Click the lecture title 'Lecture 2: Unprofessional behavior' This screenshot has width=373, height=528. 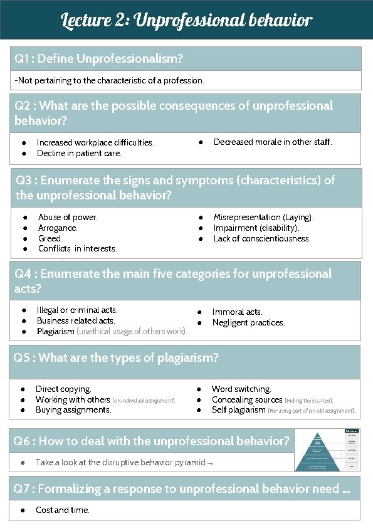186,20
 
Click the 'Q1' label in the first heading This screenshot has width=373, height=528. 23,59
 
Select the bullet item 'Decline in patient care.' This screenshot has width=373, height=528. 79,153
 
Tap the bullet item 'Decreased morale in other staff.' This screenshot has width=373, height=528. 273,142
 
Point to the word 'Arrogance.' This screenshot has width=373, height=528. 58,228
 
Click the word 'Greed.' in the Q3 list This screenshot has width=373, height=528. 50,238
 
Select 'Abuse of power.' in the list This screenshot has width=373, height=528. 68,217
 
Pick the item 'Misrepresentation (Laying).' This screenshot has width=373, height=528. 263,217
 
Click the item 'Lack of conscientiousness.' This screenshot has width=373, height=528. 262,238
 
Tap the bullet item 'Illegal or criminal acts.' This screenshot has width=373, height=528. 77,310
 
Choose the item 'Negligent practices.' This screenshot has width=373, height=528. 248,322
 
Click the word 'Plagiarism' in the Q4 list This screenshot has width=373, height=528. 55,331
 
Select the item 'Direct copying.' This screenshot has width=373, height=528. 63,389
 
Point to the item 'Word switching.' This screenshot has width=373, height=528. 241,389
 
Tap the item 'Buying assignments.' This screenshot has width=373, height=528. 73,410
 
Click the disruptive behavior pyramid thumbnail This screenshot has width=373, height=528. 327,450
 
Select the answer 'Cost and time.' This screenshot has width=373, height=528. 63,510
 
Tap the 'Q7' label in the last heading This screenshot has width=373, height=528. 23,488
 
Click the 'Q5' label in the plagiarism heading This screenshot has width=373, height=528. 23,357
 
